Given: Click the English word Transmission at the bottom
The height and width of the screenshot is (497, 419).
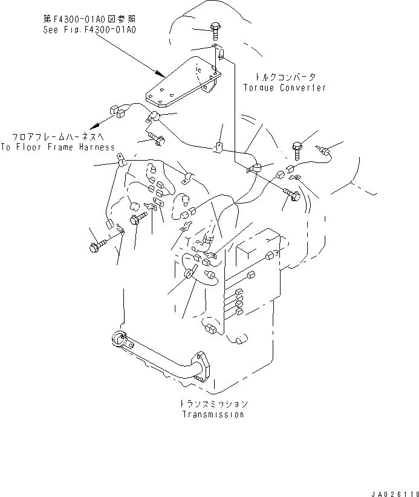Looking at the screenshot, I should (213, 414).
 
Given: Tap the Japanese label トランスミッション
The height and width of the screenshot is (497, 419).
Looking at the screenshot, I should (213, 403).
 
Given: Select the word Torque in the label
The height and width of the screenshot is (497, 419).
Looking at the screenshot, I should (259, 88).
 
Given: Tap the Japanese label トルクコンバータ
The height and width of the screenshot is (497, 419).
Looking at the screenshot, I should (284, 77).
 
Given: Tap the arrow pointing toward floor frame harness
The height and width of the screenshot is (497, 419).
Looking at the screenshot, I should (97, 126).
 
